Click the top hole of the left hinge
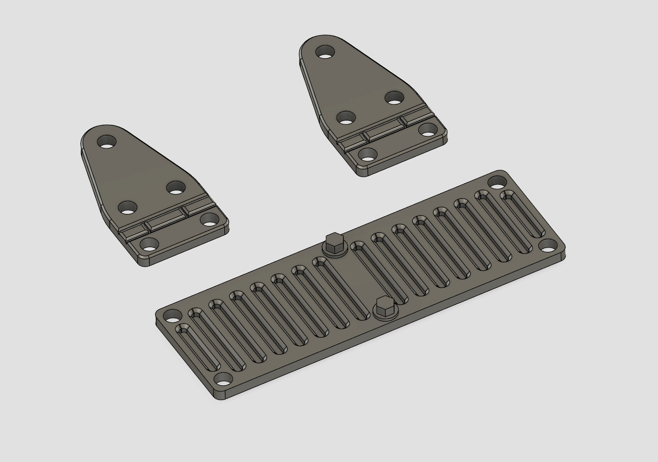click(107, 141)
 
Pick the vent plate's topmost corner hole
click(497, 182)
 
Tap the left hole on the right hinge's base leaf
click(368, 154)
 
